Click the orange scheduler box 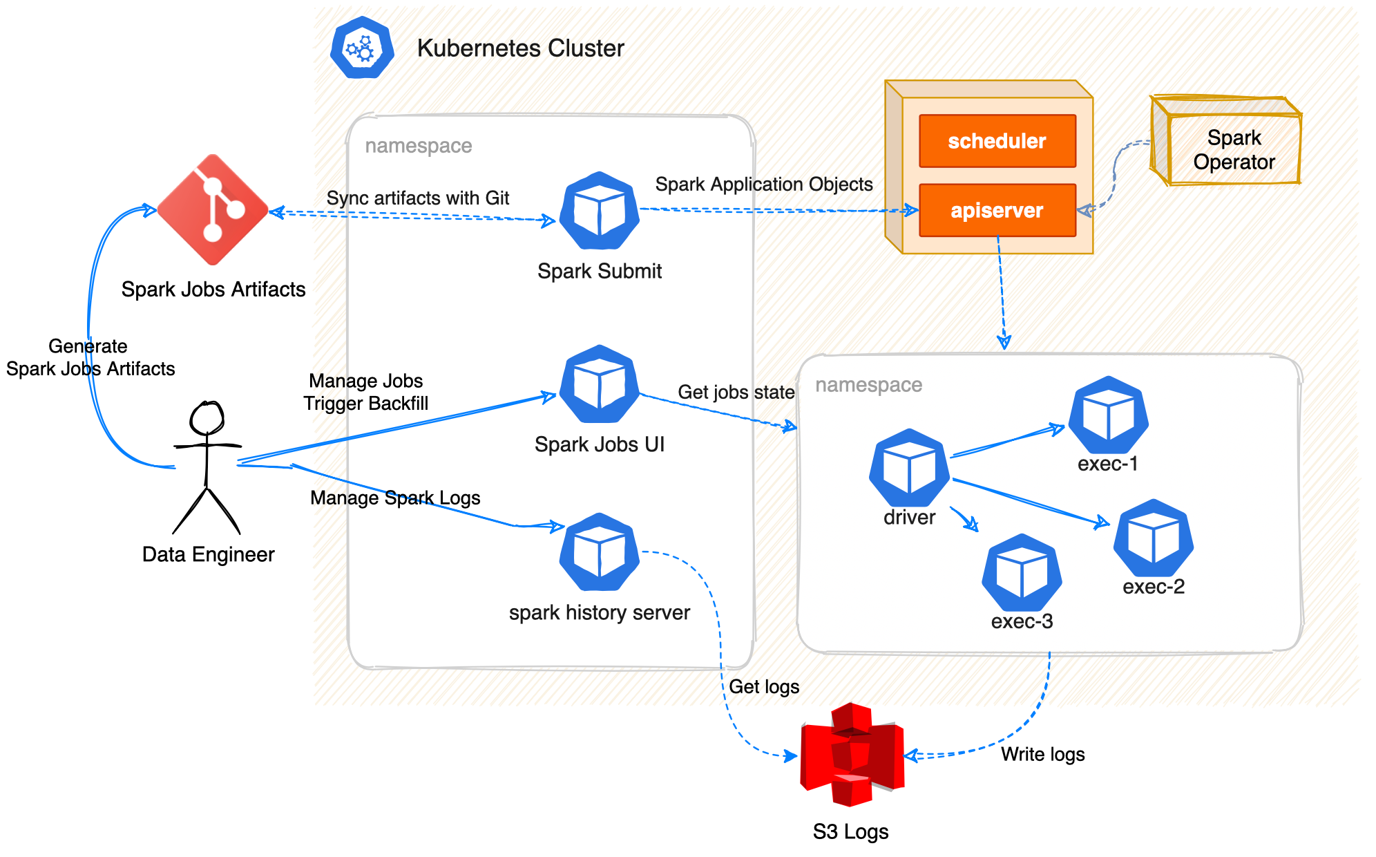point(997,141)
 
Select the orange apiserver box point(997,210)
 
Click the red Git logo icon point(213,209)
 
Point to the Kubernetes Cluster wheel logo point(362,48)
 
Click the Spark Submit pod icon point(599,211)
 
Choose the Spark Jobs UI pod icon point(599,384)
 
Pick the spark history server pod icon point(599,552)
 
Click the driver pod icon point(909,468)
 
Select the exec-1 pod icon point(1108,415)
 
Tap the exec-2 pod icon point(1153,538)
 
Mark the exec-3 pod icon point(1022,573)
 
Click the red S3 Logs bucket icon point(852,755)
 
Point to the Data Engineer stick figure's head point(207,417)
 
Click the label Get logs point(764,686)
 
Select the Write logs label point(1042,754)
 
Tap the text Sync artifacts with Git point(417,198)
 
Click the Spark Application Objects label point(763,185)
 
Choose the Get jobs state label point(736,392)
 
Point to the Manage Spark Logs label point(395,498)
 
